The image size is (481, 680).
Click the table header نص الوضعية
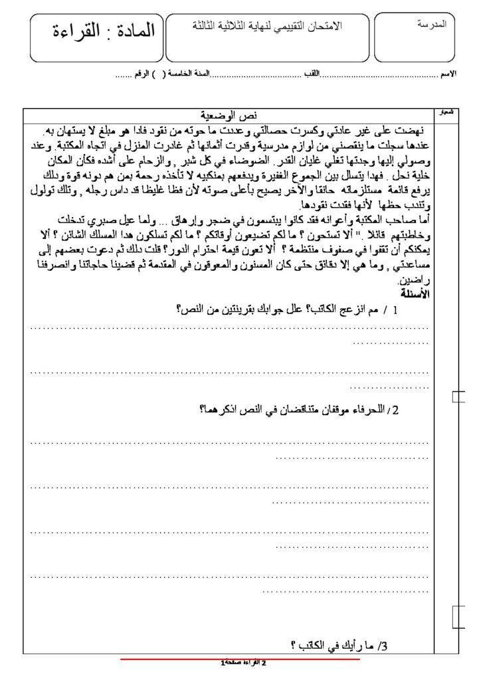click(x=228, y=114)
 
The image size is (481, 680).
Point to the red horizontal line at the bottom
click(x=240, y=659)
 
